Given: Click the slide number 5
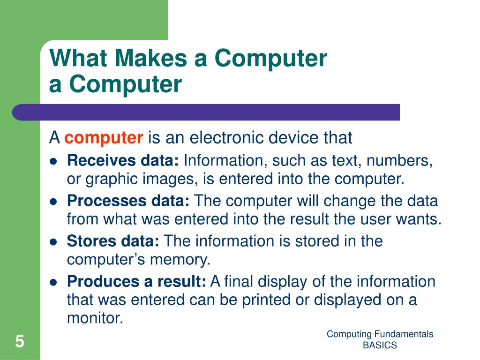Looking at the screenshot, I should point(19,341).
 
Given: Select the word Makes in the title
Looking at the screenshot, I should point(149,59).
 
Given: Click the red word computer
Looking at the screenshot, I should point(104,138).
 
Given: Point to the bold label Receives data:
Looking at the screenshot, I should point(123,161).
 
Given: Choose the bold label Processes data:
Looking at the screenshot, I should point(128,201).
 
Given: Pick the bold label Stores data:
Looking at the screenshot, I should point(113,241).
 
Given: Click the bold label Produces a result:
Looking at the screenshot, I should point(136,281).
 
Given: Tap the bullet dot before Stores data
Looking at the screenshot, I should point(53,242).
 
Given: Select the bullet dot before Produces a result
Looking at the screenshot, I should point(53,282).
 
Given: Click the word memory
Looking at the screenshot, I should point(185,259).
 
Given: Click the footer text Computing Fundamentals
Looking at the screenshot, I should point(380,334).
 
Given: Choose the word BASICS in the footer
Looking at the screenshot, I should point(380,345).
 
